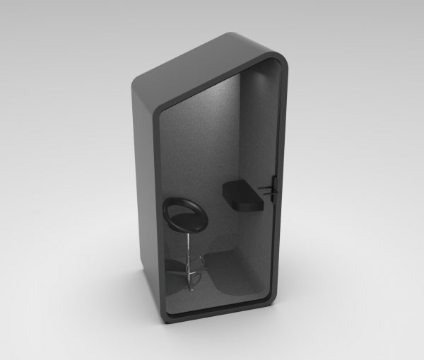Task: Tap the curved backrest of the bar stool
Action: click(x=175, y=206)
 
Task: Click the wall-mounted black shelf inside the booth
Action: click(x=243, y=195)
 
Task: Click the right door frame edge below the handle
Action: click(x=272, y=240)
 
